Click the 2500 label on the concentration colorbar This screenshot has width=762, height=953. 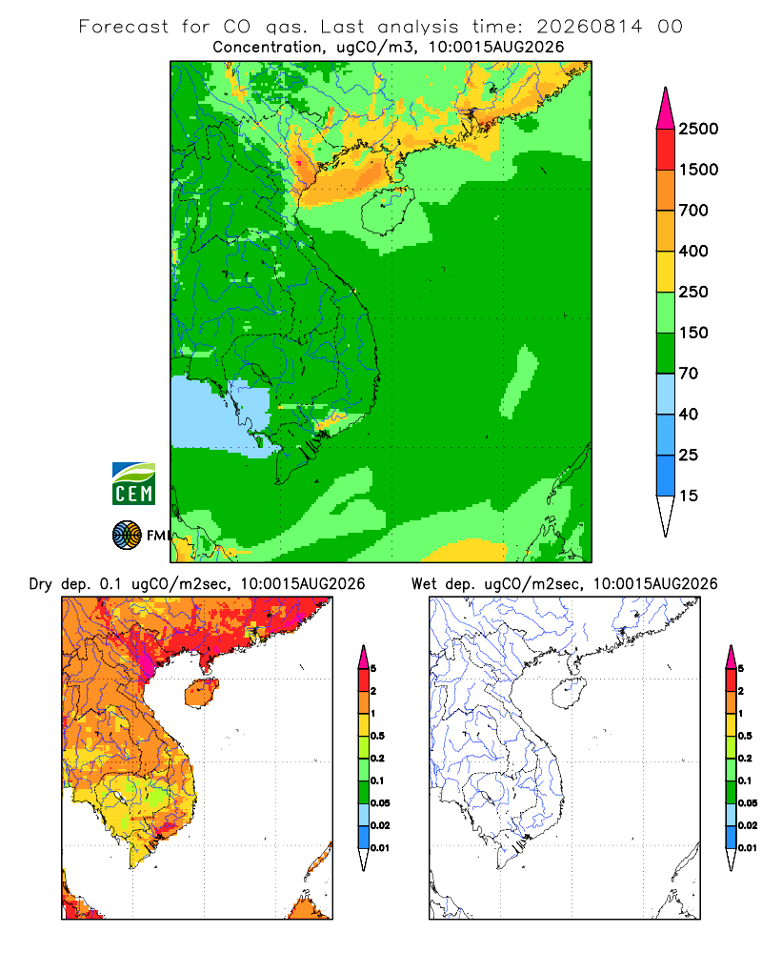click(698, 129)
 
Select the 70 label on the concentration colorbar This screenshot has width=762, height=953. click(689, 374)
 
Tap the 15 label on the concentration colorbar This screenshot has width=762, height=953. click(689, 496)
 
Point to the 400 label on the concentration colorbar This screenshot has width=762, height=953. click(693, 251)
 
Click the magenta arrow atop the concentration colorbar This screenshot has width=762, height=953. click(666, 110)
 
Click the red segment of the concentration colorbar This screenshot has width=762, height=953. click(666, 150)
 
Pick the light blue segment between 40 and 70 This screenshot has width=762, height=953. click(666, 394)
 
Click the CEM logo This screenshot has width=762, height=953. click(133, 484)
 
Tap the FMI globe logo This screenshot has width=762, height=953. click(127, 536)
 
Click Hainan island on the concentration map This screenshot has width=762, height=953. click(387, 211)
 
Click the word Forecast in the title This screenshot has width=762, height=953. click(124, 27)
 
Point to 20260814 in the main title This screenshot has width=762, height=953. click(589, 27)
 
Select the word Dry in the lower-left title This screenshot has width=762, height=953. click(40, 584)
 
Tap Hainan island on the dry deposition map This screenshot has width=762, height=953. click(201, 693)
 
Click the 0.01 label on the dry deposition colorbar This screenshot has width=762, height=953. click(380, 848)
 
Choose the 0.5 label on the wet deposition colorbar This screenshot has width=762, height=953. click(744, 736)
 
